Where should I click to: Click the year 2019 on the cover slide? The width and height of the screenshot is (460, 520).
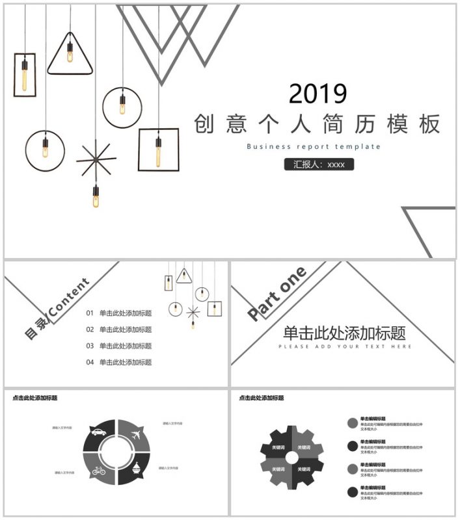click(318, 94)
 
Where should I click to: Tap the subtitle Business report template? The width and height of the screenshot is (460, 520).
click(314, 146)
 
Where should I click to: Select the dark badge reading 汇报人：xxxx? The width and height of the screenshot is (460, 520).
click(319, 164)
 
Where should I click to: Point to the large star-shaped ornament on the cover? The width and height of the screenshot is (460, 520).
click(95, 159)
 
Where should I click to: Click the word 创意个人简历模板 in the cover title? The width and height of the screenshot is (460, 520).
click(318, 123)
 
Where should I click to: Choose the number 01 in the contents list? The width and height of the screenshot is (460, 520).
click(90, 313)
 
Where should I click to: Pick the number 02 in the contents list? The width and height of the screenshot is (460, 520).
click(90, 330)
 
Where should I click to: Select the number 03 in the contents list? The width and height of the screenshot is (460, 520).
click(90, 346)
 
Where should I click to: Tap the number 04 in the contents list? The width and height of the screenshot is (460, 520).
click(90, 362)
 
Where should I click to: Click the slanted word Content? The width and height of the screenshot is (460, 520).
click(68, 298)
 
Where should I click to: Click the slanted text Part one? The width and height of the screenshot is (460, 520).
click(277, 294)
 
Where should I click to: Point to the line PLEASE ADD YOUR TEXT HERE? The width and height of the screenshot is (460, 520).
click(345, 346)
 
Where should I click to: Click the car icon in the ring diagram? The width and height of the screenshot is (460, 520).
click(99, 432)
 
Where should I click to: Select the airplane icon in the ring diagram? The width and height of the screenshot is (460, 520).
click(136, 434)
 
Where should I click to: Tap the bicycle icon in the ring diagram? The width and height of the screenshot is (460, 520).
click(99, 470)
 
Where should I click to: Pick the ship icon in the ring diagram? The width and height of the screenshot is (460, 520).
click(136, 469)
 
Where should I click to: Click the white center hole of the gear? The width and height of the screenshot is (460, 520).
click(291, 458)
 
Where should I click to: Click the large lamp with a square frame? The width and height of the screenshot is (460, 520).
click(158, 149)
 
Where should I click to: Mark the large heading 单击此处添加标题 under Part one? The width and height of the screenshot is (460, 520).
click(344, 333)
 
